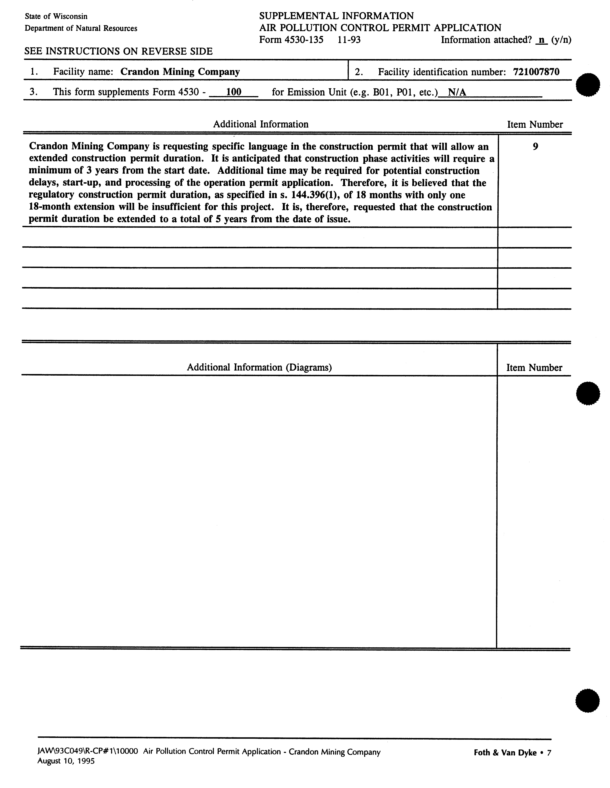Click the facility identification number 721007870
click(x=536, y=72)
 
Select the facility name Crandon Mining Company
click(x=180, y=72)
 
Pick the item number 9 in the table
click(x=535, y=146)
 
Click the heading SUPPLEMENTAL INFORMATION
click(x=336, y=16)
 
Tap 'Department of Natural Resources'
click(x=81, y=28)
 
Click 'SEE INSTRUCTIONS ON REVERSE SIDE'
click(x=118, y=51)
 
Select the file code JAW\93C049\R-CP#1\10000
click(x=88, y=752)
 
